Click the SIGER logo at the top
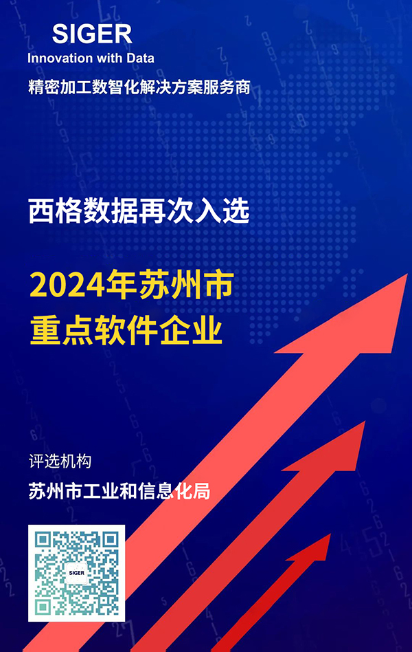click(x=92, y=34)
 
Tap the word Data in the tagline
click(x=140, y=58)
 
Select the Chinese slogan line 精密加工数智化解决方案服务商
click(x=139, y=87)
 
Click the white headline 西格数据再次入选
click(x=139, y=211)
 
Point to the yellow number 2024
click(x=67, y=285)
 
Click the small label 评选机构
click(x=60, y=461)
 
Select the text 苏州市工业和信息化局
click(x=119, y=491)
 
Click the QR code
click(x=76, y=573)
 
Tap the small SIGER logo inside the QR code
click(x=76, y=573)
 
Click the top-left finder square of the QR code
click(x=43, y=540)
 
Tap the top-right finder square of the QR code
click(x=110, y=540)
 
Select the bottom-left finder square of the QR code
click(x=43, y=607)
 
